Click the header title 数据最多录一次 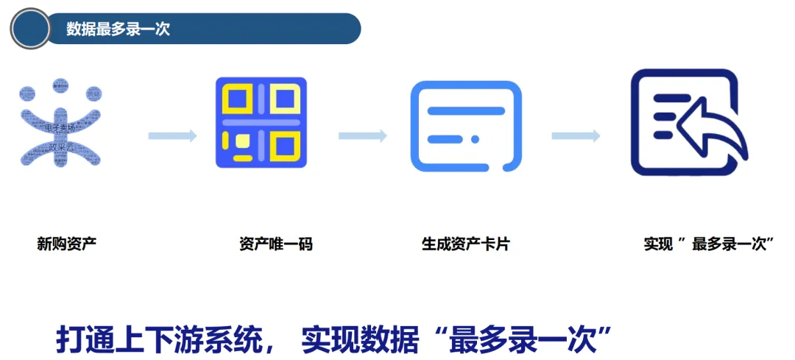coord(118,29)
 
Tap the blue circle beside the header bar coord(29,29)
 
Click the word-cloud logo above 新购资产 coord(60,123)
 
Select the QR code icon coord(261,122)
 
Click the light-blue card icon coord(466,125)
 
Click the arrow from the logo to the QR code coord(172,135)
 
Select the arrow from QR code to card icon coord(362,135)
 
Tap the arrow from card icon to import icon coord(576,135)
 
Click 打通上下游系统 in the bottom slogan coord(158,339)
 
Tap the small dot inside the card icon coord(476,139)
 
